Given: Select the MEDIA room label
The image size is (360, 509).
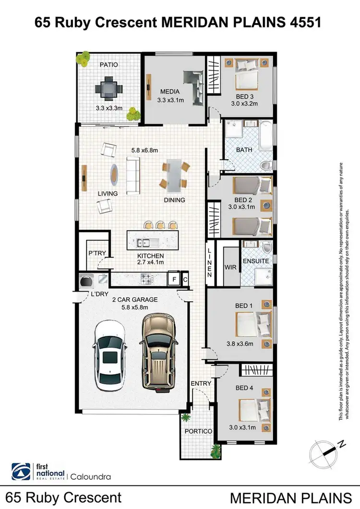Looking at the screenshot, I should [170, 92].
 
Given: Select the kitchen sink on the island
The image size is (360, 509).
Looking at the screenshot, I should [143, 243].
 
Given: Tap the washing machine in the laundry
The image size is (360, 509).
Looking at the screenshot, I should [87, 279].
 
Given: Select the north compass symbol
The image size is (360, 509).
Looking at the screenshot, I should [326, 452].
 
